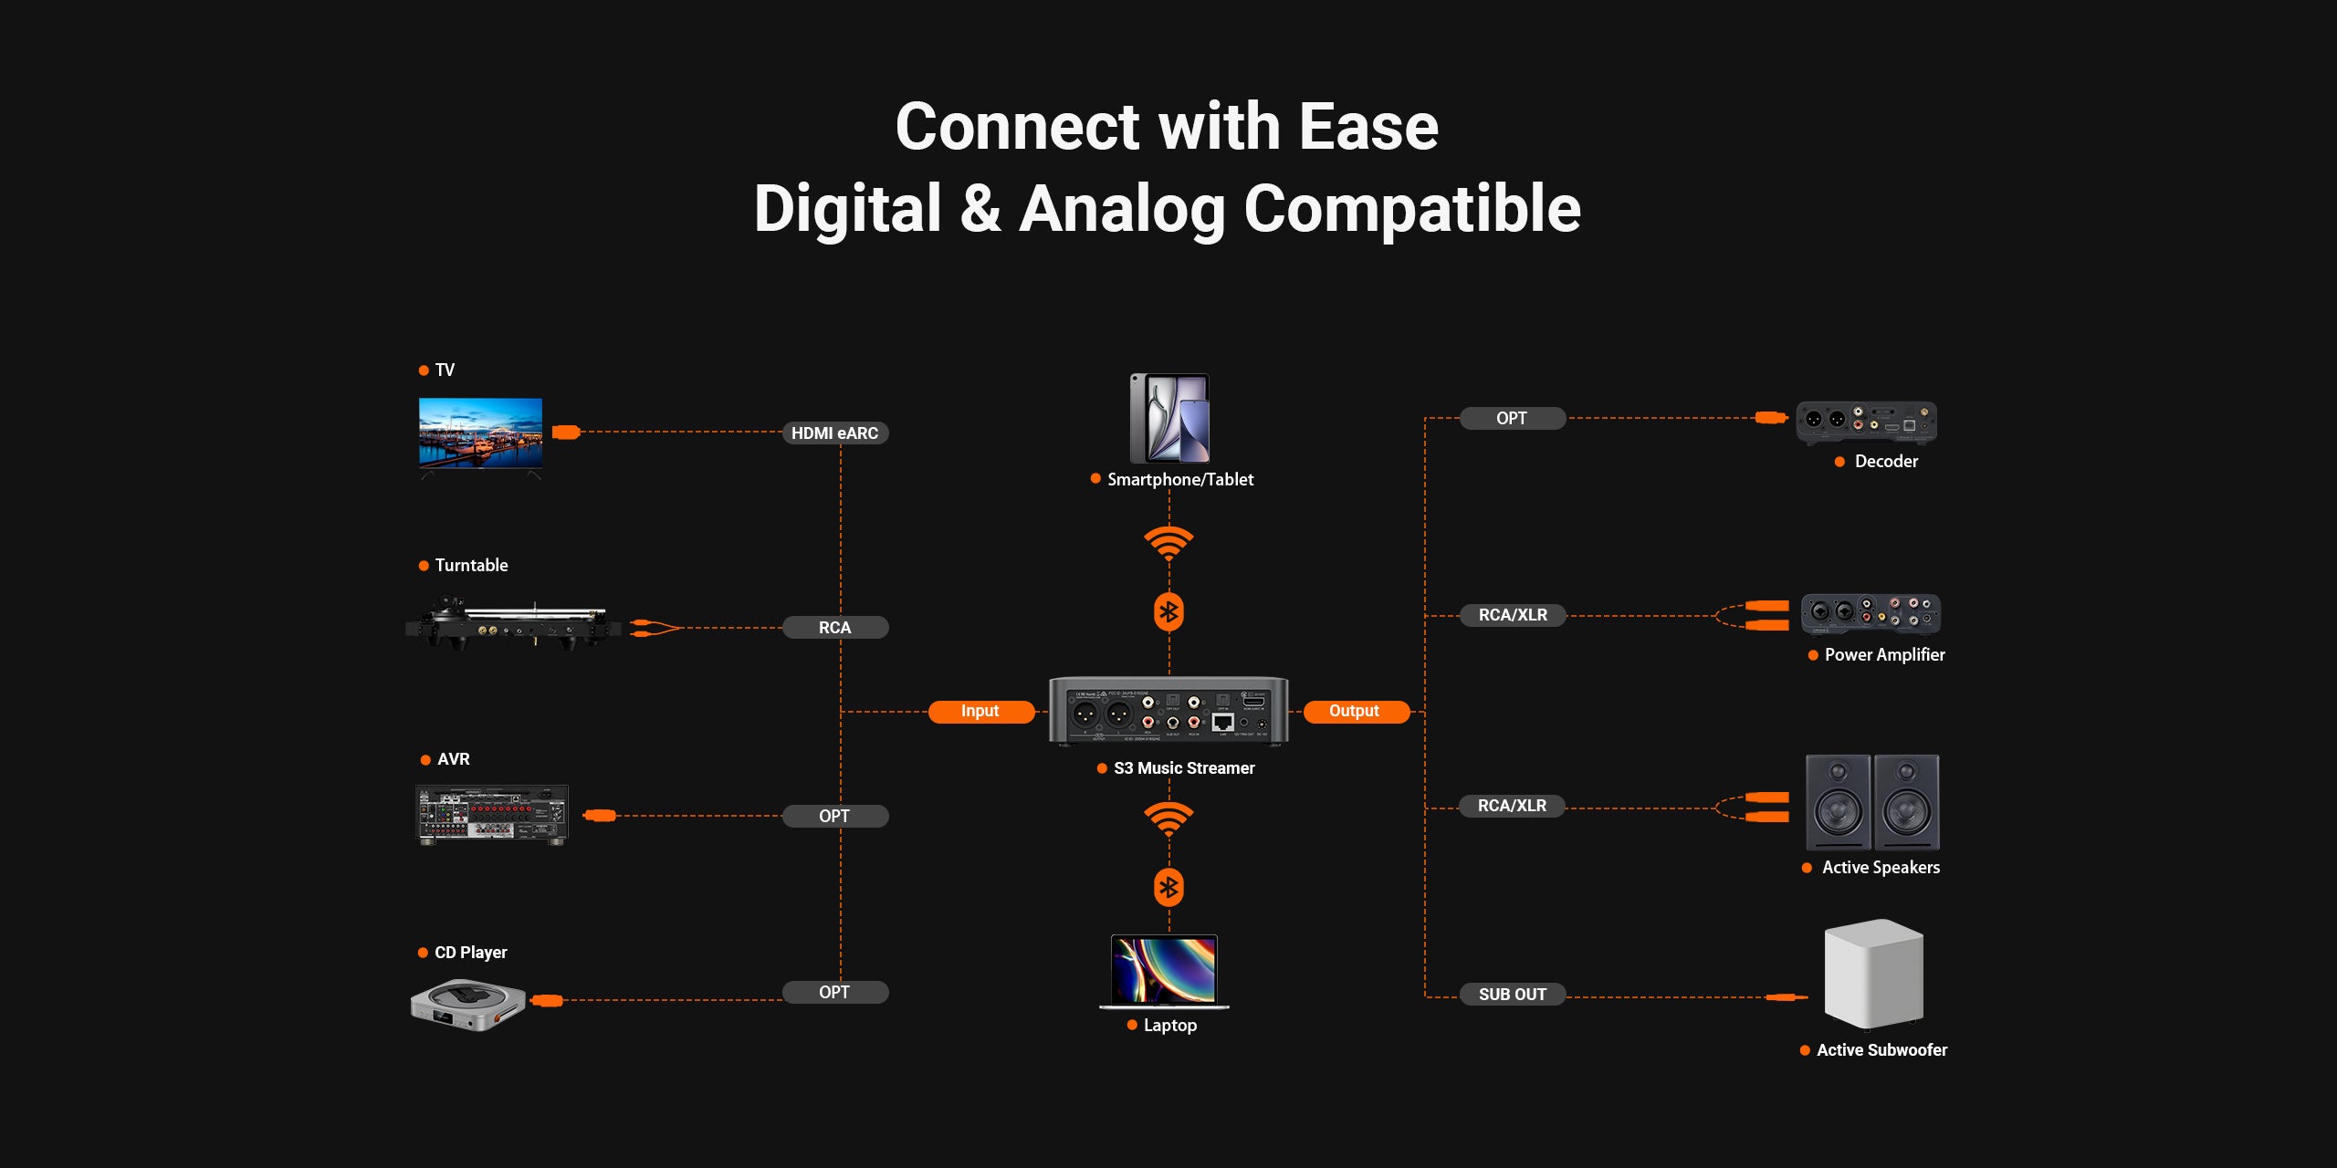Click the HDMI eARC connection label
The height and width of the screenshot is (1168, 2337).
point(834,433)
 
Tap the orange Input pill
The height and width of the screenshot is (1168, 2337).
point(980,712)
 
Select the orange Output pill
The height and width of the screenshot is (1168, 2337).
point(1355,712)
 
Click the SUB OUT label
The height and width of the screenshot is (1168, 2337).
point(1512,995)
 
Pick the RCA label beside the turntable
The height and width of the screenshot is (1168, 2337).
point(834,628)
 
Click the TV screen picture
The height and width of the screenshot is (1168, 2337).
point(480,433)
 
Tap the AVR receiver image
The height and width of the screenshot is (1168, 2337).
point(492,814)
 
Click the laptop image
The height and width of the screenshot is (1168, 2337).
point(1164,971)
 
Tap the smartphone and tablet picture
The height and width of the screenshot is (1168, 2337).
point(1170,419)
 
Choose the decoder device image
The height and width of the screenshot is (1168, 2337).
point(1866,422)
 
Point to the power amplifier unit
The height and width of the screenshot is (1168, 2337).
point(1871,614)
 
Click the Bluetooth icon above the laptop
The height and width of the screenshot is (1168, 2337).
point(1168,888)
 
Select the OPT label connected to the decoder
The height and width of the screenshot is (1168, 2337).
point(1512,419)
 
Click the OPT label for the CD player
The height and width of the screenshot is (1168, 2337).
point(834,993)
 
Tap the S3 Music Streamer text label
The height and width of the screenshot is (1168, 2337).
point(1184,768)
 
